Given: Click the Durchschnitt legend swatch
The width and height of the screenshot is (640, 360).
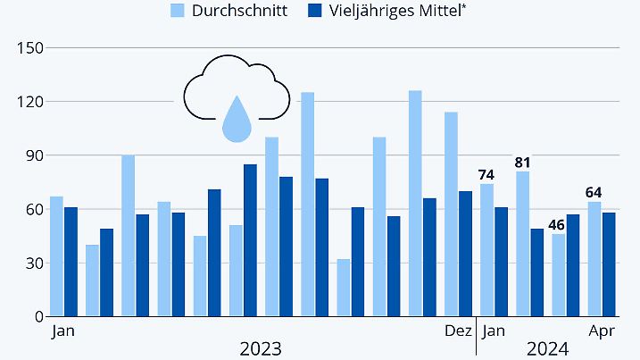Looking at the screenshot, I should pos(179,12).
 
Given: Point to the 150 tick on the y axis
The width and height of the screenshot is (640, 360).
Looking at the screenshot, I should pos(29,47).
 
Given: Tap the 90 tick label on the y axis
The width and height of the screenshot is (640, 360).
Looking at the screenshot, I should pos(32,155).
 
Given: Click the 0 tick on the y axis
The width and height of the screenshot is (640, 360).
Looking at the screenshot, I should pos(38,317).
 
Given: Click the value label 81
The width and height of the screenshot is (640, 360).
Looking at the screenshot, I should pos(522,163).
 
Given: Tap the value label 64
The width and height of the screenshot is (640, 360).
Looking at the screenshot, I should pos(594,193).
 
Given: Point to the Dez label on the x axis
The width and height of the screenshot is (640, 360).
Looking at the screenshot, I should pos(458,331).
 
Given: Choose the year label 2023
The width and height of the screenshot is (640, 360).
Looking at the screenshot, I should pos(261,347).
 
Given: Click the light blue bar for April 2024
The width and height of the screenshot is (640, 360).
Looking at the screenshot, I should pos(594,259).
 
